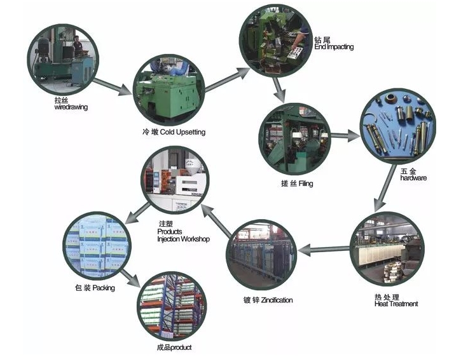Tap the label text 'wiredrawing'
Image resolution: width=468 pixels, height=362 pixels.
[x=71, y=107]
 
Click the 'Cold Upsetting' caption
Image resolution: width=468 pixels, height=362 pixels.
[x=182, y=132]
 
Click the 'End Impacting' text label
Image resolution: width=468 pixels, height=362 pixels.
[x=333, y=47]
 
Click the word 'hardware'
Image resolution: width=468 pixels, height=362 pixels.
[x=413, y=178]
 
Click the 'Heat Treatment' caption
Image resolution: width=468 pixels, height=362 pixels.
[x=396, y=304]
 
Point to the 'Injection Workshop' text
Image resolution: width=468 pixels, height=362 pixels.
[x=184, y=239]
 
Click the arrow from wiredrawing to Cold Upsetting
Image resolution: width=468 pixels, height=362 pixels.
[x=113, y=84]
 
